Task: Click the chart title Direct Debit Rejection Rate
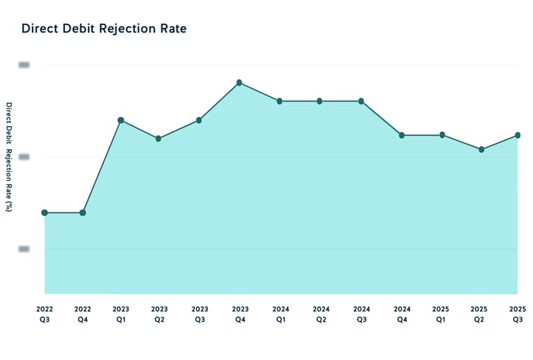click(x=104, y=29)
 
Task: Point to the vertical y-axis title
click(x=9, y=157)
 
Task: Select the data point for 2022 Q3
click(x=45, y=212)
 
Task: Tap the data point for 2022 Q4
click(x=83, y=212)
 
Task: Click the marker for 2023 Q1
click(x=121, y=120)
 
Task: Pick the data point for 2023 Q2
click(x=158, y=138)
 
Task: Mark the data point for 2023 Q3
click(x=199, y=120)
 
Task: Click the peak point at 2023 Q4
click(x=240, y=83)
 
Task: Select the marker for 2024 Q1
click(x=279, y=101)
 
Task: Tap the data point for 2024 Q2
click(x=320, y=101)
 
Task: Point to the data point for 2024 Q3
click(x=361, y=101)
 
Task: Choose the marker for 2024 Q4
click(x=402, y=135)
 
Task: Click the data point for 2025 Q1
click(x=442, y=135)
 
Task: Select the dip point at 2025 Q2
click(x=481, y=149)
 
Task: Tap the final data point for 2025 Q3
click(x=518, y=135)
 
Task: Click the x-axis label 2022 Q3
click(x=45, y=314)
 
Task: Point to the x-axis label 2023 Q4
click(x=240, y=314)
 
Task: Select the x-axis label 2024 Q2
click(x=321, y=314)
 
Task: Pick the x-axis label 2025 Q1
click(x=442, y=314)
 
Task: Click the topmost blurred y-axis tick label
click(x=24, y=65)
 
